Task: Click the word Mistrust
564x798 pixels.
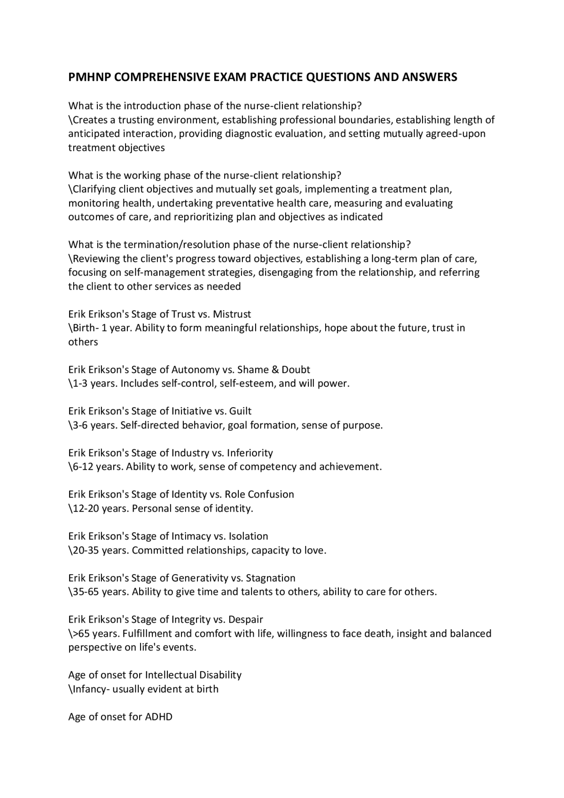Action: click(232, 315)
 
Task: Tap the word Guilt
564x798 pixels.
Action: click(240, 412)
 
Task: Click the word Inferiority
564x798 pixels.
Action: click(250, 453)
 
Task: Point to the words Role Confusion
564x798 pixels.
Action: click(259, 495)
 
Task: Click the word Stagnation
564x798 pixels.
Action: click(271, 579)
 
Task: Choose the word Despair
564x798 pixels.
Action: click(245, 620)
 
